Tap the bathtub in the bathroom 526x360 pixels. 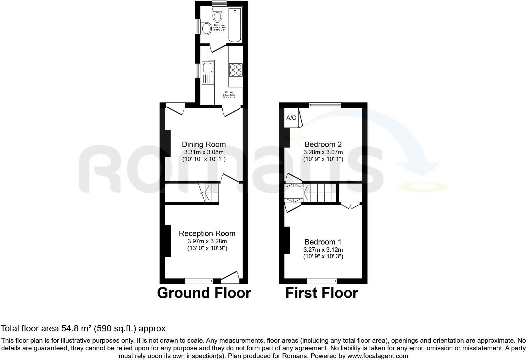pyautogui.click(x=235, y=25)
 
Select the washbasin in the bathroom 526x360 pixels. pyautogui.click(x=206, y=28)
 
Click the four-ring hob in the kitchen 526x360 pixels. pyautogui.click(x=236, y=70)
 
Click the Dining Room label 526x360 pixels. pyautogui.click(x=204, y=144)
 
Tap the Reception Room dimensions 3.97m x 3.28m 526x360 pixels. pyautogui.click(x=207, y=241)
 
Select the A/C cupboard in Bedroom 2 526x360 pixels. pyautogui.click(x=291, y=118)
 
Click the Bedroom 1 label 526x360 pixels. pyautogui.click(x=323, y=242)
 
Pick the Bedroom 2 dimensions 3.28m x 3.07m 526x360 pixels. pyautogui.click(x=323, y=152)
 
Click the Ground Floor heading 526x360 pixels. pyautogui.click(x=204, y=293)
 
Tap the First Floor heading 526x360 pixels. pyautogui.click(x=322, y=293)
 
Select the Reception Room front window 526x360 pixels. pyautogui.click(x=199, y=280)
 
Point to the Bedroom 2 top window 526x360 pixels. pyautogui.click(x=325, y=105)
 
